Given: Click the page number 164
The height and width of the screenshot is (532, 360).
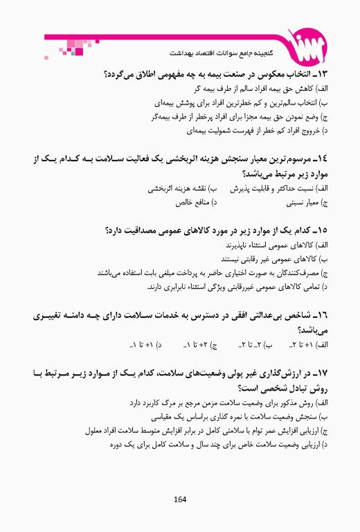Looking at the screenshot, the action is point(180,499).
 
